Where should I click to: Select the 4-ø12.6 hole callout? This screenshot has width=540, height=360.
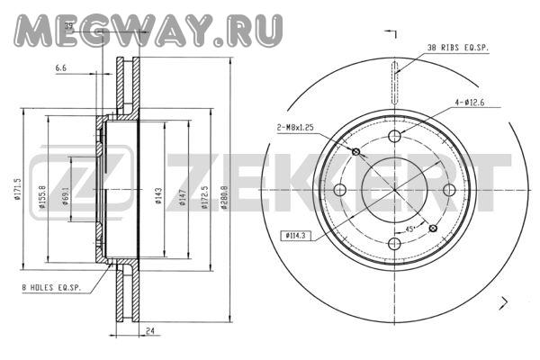click(x=472, y=103)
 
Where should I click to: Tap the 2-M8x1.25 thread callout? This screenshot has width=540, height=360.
click(x=298, y=128)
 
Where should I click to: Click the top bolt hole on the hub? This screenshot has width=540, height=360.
click(x=394, y=136)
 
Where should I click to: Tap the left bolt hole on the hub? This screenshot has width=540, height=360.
click(x=340, y=190)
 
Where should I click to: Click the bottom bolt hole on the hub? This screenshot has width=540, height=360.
click(x=394, y=244)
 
